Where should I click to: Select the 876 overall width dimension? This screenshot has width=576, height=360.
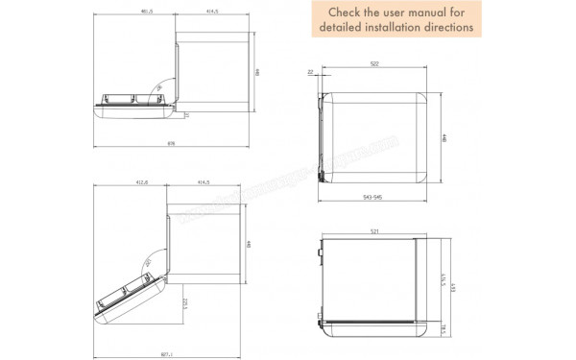[x=172, y=144]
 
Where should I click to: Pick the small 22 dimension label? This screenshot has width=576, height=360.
[x=311, y=72]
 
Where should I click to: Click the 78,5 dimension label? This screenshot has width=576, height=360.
[x=443, y=328]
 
